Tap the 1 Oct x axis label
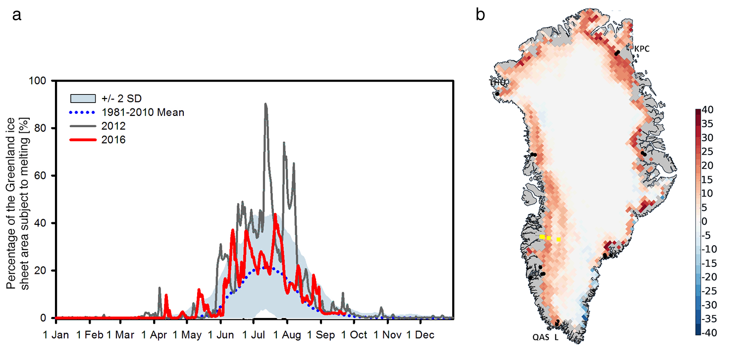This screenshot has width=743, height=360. pyautogui.click(x=354, y=335)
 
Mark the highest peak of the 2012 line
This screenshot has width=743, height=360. pyautogui.click(x=265, y=104)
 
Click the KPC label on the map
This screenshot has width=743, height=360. pyautogui.click(x=641, y=49)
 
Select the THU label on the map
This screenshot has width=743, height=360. pyautogui.click(x=496, y=83)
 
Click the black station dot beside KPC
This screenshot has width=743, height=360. pyautogui.click(x=617, y=53)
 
